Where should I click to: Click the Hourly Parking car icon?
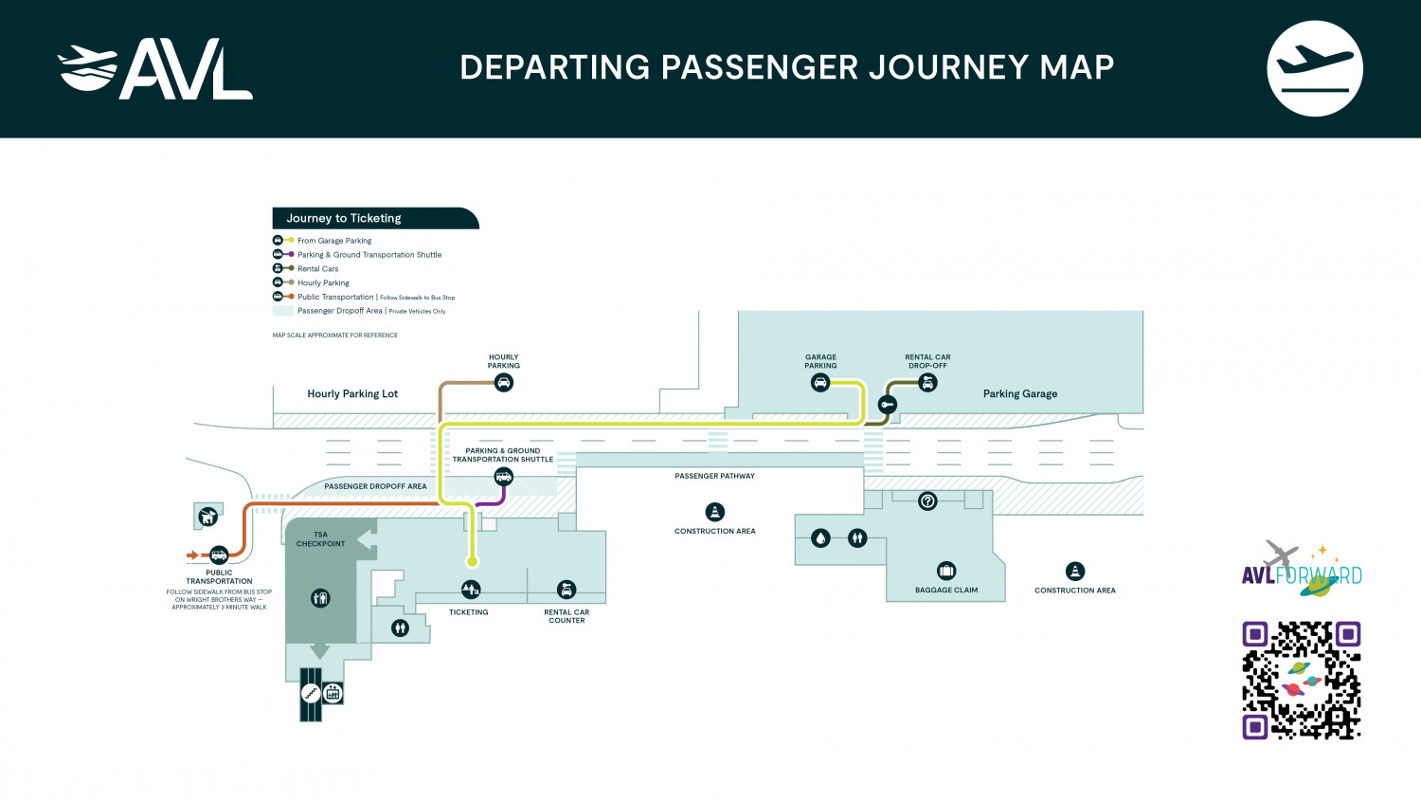504,383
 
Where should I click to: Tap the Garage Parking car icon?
820,383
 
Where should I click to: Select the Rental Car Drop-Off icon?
928,383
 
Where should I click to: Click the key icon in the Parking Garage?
887,405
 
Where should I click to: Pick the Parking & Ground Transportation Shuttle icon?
504,477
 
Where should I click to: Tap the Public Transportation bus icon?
219,555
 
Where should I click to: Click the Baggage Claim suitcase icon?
946,571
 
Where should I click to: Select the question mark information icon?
927,500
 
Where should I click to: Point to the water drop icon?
820,538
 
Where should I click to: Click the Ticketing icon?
471,590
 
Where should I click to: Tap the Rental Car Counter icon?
567,590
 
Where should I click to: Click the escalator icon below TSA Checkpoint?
310,694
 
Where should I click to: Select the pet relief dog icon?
207,517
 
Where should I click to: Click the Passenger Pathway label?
714,476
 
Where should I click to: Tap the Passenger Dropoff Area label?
375,486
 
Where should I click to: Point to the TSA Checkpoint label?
320,539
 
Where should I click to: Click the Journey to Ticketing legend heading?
344,218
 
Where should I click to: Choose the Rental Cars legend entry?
317,269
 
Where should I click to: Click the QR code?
1302,681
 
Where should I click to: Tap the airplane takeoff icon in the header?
1314,69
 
